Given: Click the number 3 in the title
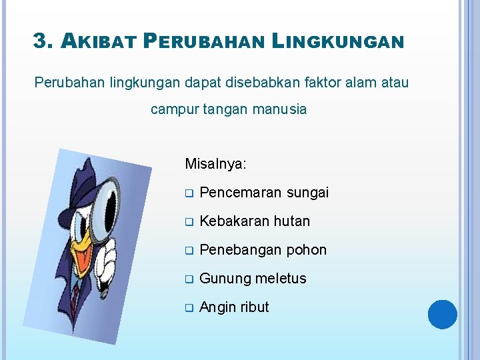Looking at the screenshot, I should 41,42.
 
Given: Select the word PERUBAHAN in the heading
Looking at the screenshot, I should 205,43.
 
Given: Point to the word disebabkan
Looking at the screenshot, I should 299,83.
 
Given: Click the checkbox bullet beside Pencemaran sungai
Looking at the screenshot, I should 189,193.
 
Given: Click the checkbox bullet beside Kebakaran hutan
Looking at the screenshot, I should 189,222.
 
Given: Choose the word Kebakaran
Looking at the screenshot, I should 231,221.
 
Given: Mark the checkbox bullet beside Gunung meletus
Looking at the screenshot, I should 189,279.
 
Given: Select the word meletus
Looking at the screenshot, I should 280,279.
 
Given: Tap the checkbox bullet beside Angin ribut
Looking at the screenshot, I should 189,308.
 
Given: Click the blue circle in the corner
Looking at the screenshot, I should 443,315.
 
